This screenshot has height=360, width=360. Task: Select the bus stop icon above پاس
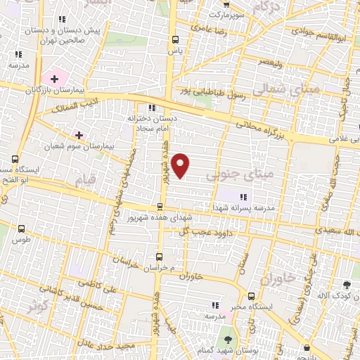[x=175, y=40]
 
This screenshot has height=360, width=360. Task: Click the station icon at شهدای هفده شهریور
[x=161, y=207]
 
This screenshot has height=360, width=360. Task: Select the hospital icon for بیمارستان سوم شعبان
[x=79, y=134]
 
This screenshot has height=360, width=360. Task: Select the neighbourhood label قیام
[x=82, y=179]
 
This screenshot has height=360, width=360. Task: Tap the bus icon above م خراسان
[x=160, y=257]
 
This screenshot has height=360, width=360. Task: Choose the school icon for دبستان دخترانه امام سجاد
[x=152, y=108]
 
